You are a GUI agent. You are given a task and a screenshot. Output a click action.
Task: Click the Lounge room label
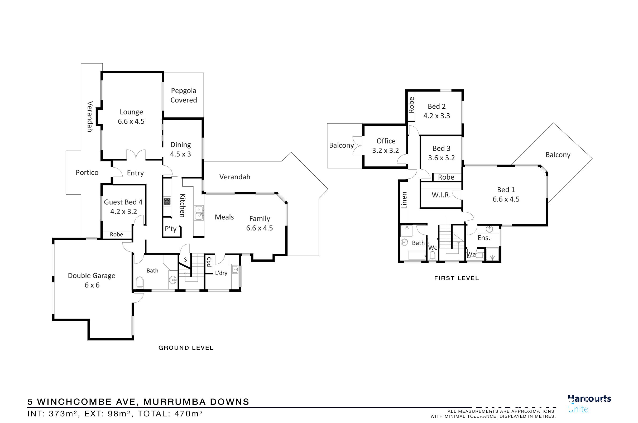[131, 112]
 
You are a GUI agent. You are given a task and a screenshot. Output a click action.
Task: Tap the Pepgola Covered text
[184, 95]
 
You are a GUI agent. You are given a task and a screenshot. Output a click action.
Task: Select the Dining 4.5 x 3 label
[180, 149]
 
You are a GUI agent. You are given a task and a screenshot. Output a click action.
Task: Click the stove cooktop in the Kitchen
[167, 201]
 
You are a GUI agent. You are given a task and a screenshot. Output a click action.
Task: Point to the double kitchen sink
[199, 212]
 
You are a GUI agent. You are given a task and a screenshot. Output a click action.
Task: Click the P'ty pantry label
[170, 229]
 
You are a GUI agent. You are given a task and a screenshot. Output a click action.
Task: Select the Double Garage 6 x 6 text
[92, 280]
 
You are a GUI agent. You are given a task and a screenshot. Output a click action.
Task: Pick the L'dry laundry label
[221, 273]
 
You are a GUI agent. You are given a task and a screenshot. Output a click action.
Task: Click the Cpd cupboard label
[209, 262]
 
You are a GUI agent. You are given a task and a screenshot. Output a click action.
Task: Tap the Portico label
[87, 173]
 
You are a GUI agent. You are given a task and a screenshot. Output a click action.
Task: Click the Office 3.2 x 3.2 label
[386, 146]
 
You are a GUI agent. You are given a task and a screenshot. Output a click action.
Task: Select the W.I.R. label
[441, 195]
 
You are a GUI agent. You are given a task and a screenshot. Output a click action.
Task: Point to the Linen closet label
[404, 200]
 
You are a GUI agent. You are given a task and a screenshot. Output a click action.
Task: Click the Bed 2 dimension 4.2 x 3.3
[436, 116]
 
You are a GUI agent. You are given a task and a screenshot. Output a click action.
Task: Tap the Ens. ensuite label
[484, 238]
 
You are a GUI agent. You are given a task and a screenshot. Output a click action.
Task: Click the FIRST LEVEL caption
[457, 278]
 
